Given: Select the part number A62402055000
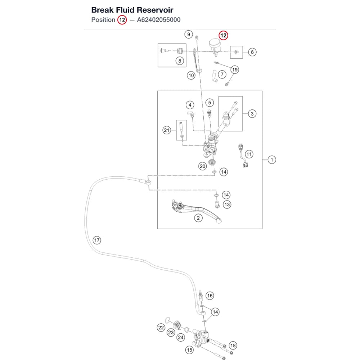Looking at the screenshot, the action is [159, 20].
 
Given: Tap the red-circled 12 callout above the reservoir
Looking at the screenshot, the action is [223, 35].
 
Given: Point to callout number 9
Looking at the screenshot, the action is [189, 35].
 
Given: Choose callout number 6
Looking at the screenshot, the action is [252, 52].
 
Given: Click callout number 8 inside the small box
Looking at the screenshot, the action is [180, 61].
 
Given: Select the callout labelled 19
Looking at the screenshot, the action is [235, 69].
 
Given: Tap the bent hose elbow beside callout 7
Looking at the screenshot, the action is [214, 76].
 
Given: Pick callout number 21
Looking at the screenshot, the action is [166, 130].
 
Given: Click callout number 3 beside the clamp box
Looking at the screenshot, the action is [252, 114].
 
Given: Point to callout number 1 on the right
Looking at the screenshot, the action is [272, 160].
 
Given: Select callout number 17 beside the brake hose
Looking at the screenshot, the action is [97, 240].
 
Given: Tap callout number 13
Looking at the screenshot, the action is [227, 204].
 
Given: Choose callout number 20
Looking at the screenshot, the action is [202, 166].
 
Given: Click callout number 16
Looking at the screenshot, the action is [210, 296].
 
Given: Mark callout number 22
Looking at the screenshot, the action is [161, 328].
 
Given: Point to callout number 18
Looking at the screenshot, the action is [233, 346].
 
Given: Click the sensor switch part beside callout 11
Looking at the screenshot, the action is [243, 156].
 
